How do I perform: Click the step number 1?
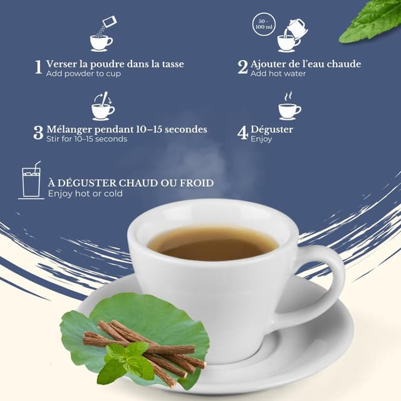click(x=39, y=67)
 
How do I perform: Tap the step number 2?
click(x=242, y=67)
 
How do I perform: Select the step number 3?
click(x=39, y=133)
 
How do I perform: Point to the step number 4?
click(x=243, y=133)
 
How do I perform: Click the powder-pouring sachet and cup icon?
click(x=102, y=36)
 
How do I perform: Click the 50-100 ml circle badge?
click(x=264, y=25)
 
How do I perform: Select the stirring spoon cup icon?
click(x=103, y=106)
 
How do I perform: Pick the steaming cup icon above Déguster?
click(x=289, y=106)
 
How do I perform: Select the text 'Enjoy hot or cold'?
click(x=85, y=194)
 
